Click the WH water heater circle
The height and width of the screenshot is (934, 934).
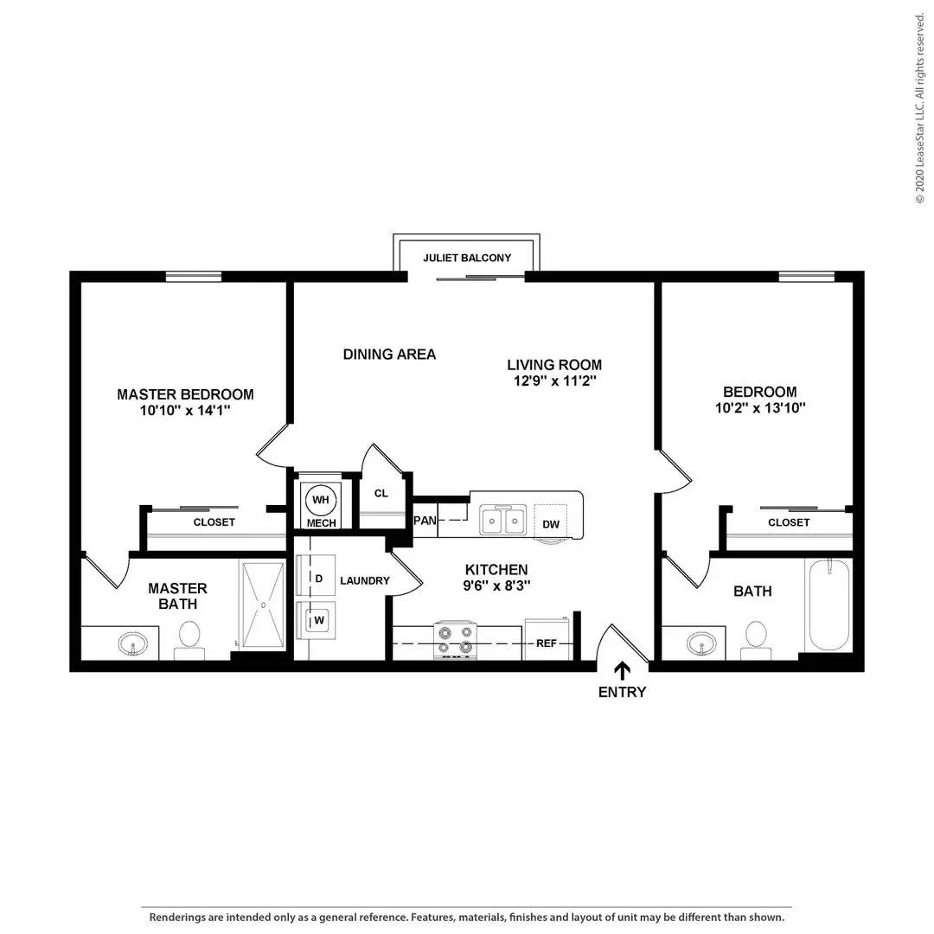click(321, 500)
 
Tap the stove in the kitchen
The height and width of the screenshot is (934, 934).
click(455, 640)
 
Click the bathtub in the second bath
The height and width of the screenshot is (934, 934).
click(828, 605)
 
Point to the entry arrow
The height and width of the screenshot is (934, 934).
click(622, 671)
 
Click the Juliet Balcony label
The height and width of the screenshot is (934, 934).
click(467, 258)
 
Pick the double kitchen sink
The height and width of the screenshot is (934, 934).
click(503, 520)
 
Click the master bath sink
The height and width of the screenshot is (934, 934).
click(133, 644)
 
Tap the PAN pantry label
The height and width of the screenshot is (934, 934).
click(425, 521)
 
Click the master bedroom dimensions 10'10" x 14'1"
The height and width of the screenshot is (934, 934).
click(185, 411)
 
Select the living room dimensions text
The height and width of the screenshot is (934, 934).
click(555, 381)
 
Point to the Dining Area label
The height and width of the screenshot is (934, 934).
click(389, 355)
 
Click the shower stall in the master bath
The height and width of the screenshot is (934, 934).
click(263, 605)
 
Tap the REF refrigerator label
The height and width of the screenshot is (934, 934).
click(547, 643)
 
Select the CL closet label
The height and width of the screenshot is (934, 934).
click(381, 493)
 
